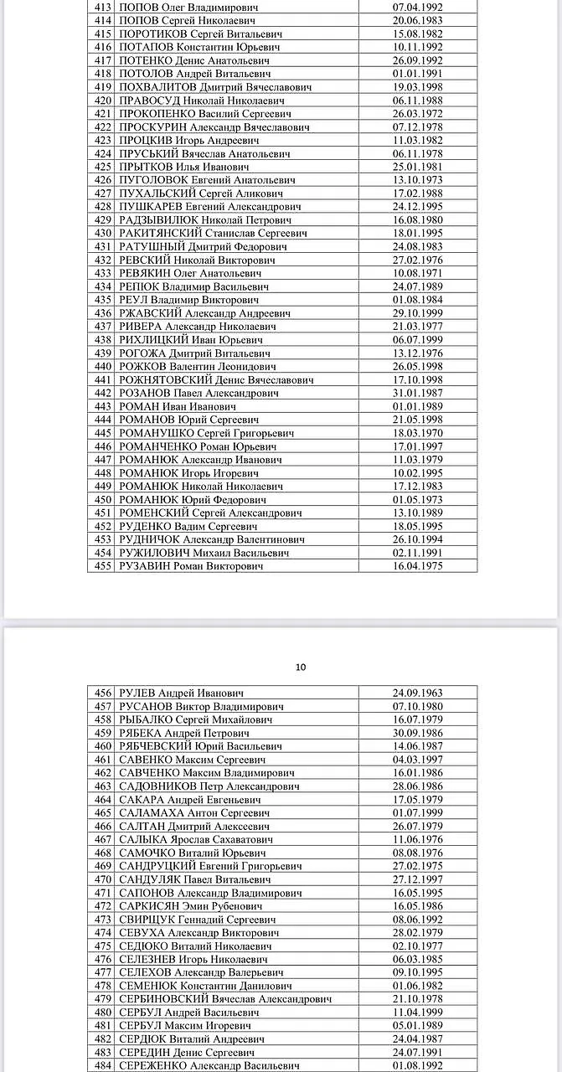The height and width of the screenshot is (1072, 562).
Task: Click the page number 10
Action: tap(301, 667)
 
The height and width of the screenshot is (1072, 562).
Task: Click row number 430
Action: tap(103, 233)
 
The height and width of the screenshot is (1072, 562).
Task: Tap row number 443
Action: tap(103, 406)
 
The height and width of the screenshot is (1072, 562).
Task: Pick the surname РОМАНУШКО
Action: tap(157, 433)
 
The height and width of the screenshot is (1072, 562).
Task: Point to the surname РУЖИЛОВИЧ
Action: tap(154, 553)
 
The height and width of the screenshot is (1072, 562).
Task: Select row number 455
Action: tap(103, 566)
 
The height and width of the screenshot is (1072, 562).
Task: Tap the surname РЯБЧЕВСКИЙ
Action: tap(156, 746)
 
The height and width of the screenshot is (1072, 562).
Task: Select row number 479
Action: tap(103, 999)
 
